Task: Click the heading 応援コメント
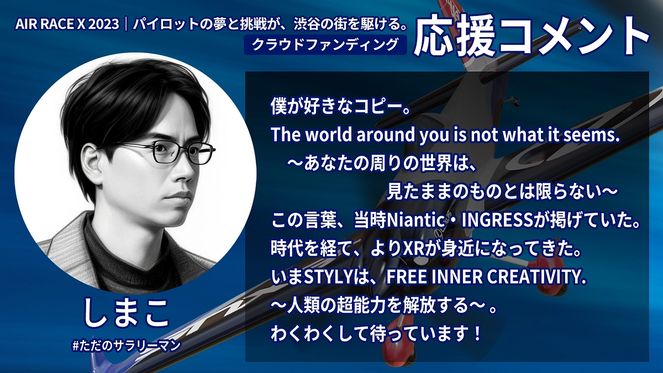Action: pos(532,35)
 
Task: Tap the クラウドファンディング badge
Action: pos(325,45)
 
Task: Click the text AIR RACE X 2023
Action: pos(67,24)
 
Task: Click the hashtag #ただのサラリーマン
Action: pos(127,345)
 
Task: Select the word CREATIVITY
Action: pos(536,277)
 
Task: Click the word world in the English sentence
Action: pos(328,135)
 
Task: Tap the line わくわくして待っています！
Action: pos(376,333)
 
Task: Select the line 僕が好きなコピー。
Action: pos(341,107)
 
